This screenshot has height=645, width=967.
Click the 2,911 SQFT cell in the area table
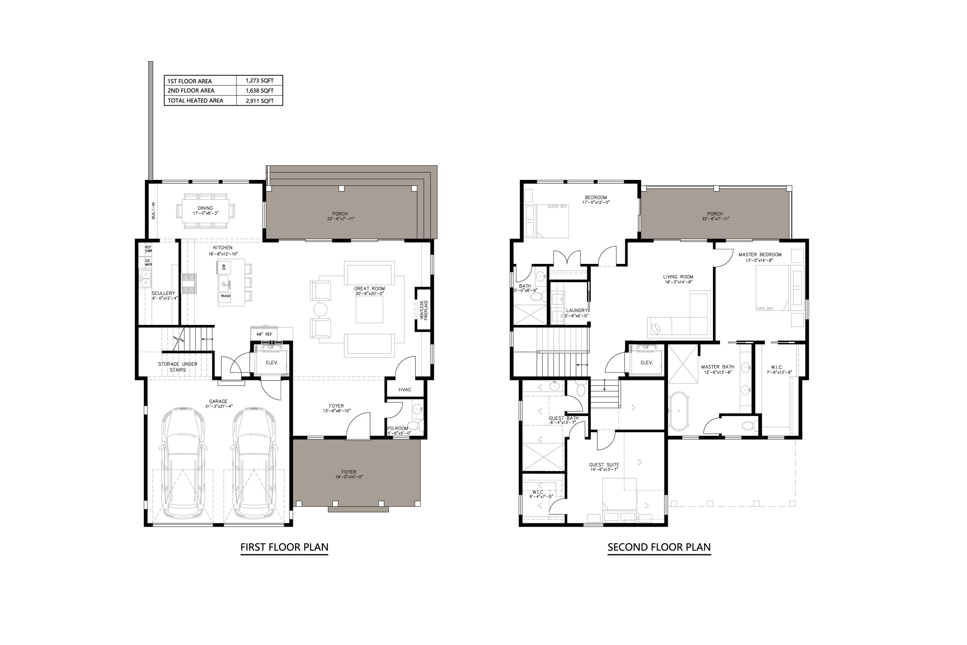pyautogui.click(x=259, y=101)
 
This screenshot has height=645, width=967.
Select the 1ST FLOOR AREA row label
pyautogui.click(x=190, y=81)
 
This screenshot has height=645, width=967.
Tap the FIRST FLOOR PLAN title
pyautogui.click(x=284, y=547)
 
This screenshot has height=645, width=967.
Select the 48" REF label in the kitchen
pyautogui.click(x=264, y=334)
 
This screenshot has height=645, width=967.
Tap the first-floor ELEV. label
pyautogui.click(x=271, y=362)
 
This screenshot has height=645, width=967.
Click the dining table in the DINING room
pyautogui.click(x=206, y=211)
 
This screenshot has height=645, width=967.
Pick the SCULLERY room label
pyautogui.click(x=163, y=293)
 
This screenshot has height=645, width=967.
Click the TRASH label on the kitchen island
pyautogui.click(x=225, y=296)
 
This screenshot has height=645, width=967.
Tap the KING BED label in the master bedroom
pyautogui.click(x=765, y=309)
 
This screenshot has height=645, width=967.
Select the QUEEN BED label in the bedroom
pyautogui.click(x=557, y=206)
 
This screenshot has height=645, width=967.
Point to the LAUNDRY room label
pyautogui.click(x=576, y=311)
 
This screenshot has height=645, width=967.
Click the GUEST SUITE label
pyautogui.click(x=604, y=465)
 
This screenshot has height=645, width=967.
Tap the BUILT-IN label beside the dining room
pyautogui.click(x=153, y=210)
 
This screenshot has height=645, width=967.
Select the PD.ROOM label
pyautogui.click(x=398, y=428)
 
